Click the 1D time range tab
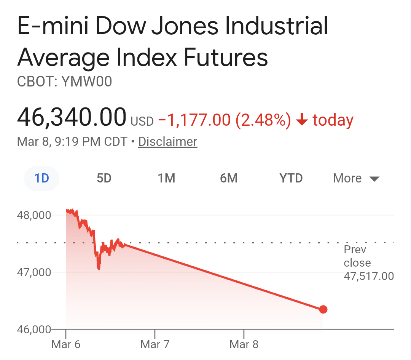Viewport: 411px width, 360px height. click(42, 178)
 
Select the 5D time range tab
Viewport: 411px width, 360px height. click(104, 178)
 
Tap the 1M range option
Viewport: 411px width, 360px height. click(166, 178)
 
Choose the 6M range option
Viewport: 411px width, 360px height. click(229, 178)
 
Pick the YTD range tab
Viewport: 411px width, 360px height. click(291, 178)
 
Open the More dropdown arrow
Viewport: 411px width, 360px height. click(374, 179)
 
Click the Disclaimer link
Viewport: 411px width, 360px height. click(168, 142)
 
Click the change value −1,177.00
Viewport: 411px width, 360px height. click(194, 120)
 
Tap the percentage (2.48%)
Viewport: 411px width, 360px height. click(263, 120)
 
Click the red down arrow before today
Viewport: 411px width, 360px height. click(302, 120)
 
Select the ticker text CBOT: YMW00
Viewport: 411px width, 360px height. click(65, 82)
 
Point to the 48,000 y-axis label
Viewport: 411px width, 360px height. click(34, 215)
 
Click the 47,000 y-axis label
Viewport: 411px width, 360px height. click(34, 272)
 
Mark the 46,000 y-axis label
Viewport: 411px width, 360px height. click(34, 329)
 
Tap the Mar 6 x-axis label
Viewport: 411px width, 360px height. click(66, 345)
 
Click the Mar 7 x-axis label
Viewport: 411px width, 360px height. click(155, 345)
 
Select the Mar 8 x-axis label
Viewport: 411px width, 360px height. click(244, 345)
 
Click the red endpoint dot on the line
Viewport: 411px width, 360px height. click(323, 309)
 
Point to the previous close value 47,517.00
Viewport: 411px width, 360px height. click(369, 276)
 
